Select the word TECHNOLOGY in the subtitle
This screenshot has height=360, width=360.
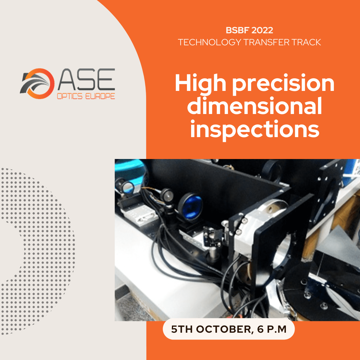coord(209,42)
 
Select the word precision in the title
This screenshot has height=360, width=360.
coord(283,84)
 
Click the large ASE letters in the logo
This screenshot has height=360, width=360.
coord(86,79)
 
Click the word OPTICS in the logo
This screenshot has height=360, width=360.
coord(70,96)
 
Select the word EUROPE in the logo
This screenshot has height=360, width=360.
coord(100,96)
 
